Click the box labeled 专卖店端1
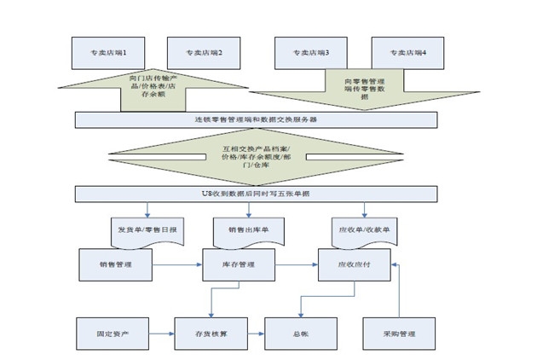click(107, 53)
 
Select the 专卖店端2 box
click(203, 53)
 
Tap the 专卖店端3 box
click(310, 53)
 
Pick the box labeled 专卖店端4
click(407, 53)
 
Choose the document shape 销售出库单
click(248, 229)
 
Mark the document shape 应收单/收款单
click(367, 229)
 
